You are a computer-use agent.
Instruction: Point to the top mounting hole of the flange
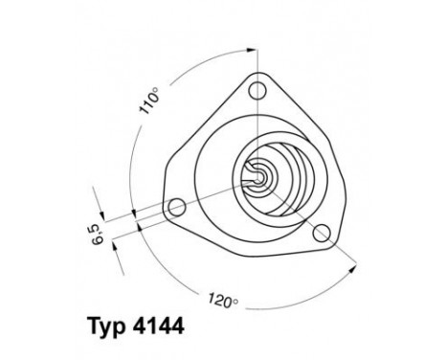256,91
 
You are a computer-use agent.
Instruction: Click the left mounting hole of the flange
175,206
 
